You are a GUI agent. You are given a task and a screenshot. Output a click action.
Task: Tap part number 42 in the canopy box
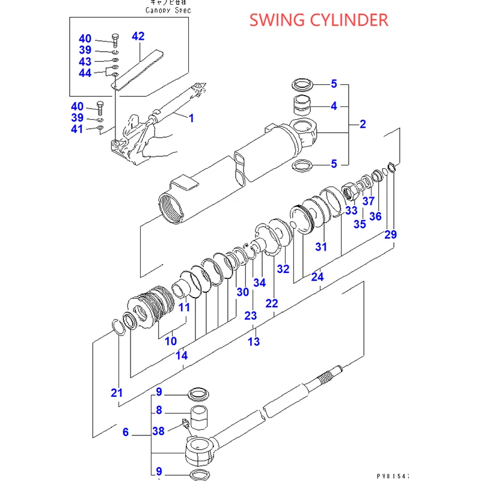pyautogui.click(x=138, y=37)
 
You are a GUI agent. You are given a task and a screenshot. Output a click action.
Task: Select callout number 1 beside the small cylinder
pyautogui.click(x=192, y=118)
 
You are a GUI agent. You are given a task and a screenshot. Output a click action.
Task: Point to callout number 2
pyautogui.click(x=363, y=124)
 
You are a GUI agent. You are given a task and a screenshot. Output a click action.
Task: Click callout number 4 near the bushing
pyautogui.click(x=333, y=106)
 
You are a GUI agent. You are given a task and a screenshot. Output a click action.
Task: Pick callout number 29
pyautogui.click(x=390, y=234)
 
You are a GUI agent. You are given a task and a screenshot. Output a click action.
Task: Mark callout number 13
pyautogui.click(x=254, y=342)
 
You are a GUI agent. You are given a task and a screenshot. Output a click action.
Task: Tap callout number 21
pyautogui.click(x=117, y=393)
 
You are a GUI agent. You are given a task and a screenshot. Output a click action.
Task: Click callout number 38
pyautogui.click(x=159, y=430)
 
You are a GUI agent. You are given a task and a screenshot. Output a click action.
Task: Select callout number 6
pyautogui.click(x=126, y=432)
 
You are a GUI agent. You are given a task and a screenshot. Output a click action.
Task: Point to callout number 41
pyautogui.click(x=78, y=129)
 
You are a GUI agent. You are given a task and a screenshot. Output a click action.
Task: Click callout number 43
pyautogui.click(x=85, y=62)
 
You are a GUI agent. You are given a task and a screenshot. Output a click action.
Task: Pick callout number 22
pyautogui.click(x=272, y=304)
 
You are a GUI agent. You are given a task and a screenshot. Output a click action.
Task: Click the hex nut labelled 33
pyautogui.click(x=349, y=192)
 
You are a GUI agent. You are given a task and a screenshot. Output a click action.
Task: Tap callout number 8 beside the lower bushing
pyautogui.click(x=159, y=411)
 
